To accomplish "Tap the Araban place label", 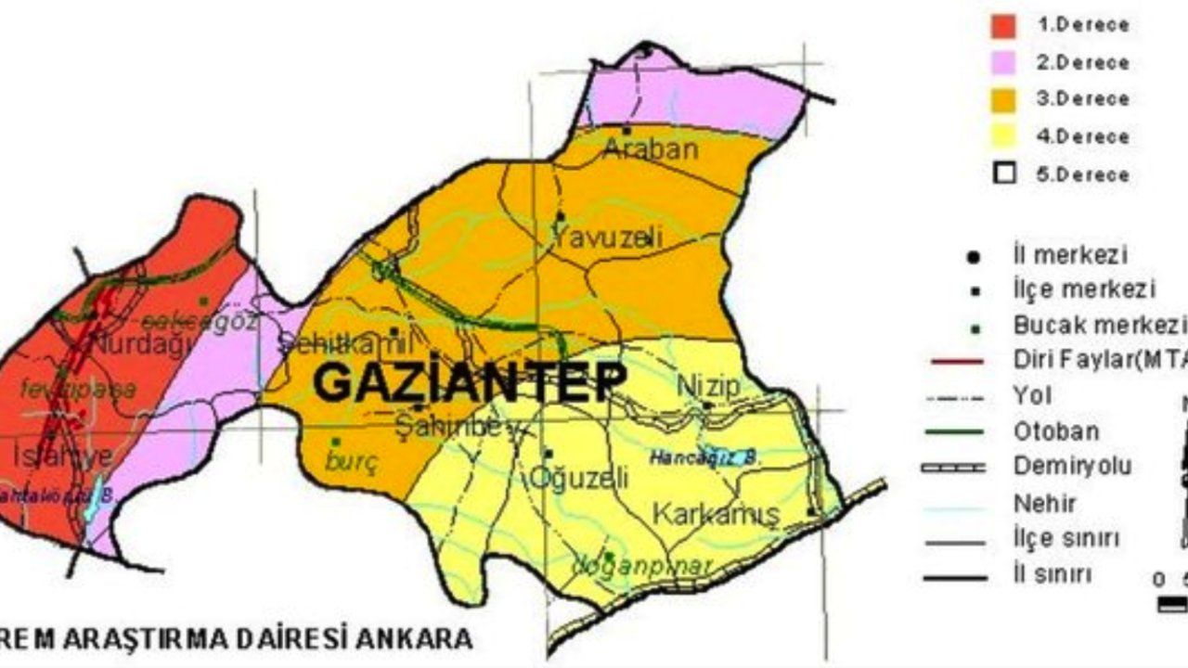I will [x=650, y=148].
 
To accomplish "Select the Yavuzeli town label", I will [x=608, y=238].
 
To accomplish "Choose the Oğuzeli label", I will [x=578, y=479].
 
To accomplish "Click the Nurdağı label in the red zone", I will [x=145, y=344].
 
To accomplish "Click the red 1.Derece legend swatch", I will [x=1003, y=26].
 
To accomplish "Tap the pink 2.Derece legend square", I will [x=1003, y=63].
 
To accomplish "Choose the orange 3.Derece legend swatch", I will [x=1003, y=100].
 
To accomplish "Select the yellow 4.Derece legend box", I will [x=1003, y=137].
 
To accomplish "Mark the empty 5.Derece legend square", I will [x=1003, y=174].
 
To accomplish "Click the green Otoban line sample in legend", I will [x=954, y=431].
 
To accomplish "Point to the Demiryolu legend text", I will [x=1072, y=467].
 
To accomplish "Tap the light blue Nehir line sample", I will [x=954, y=506].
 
